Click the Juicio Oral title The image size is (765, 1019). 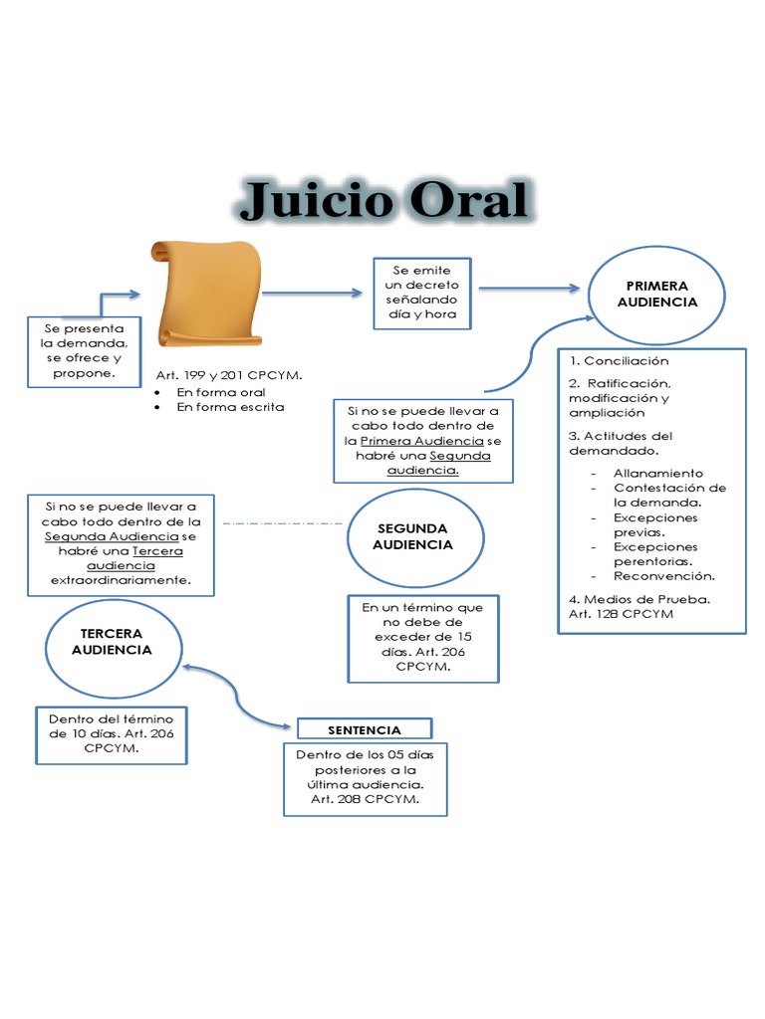[x=383, y=202]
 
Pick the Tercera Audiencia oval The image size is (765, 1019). [x=112, y=642]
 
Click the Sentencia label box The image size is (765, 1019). [x=365, y=729]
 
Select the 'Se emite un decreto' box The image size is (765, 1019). [x=421, y=294]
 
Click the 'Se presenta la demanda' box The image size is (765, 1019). [x=84, y=350]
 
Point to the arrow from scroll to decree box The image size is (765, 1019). [x=313, y=293]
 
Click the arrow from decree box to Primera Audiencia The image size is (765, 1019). [x=529, y=289]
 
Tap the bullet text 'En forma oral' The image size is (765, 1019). [x=221, y=392]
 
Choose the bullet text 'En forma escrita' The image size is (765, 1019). [x=230, y=406]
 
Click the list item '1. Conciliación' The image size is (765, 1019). [x=619, y=360]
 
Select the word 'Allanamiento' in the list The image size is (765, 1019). [x=658, y=473]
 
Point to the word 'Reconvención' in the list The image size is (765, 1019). [x=664, y=575]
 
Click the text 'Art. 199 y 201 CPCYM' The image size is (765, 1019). [x=229, y=375]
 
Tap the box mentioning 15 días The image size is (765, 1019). [x=423, y=638]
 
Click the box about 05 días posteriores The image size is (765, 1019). [x=365, y=777]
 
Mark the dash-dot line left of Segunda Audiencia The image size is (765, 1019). [x=282, y=522]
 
